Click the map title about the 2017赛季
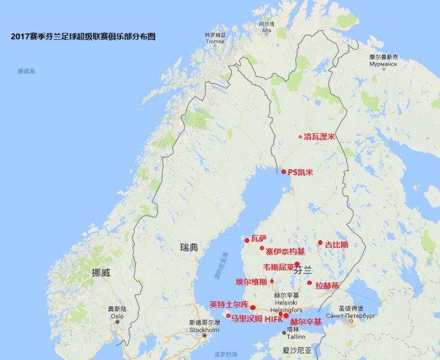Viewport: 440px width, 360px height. [84, 36]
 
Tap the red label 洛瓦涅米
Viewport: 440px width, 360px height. [319, 137]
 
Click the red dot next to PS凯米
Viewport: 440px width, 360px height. [284, 172]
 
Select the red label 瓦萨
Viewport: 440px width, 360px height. [258, 238]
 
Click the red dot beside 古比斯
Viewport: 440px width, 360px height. [320, 243]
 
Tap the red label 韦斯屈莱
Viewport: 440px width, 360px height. [279, 267]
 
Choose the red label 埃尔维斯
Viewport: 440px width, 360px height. [251, 282]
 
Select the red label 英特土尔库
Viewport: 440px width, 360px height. [228, 304]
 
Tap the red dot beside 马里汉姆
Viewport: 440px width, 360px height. [228, 316]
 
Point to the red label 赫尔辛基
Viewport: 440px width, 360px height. [305, 322]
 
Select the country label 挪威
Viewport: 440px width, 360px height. [101, 272]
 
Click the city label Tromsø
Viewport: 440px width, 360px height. [214, 40]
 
